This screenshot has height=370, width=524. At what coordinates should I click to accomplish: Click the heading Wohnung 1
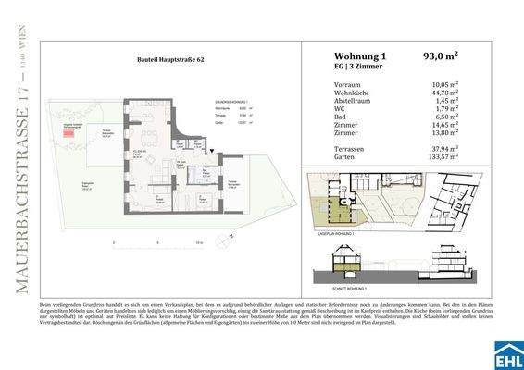346,55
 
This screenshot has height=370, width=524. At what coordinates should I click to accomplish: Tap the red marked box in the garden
69,134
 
